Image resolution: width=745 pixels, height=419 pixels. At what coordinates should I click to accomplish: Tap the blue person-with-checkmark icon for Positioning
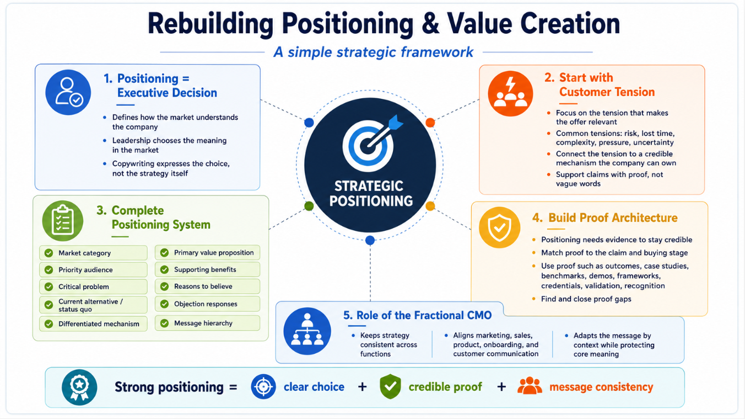pyautogui.click(x=68, y=92)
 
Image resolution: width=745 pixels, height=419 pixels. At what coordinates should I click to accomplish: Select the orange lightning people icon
pyautogui.click(x=510, y=94)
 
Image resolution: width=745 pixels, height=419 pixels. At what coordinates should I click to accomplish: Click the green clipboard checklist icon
pyautogui.click(x=62, y=221)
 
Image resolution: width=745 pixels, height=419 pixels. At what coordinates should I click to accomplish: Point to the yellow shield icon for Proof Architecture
pyautogui.click(x=500, y=227)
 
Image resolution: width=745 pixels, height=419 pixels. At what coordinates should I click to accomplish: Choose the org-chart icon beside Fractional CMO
pyautogui.click(x=307, y=331)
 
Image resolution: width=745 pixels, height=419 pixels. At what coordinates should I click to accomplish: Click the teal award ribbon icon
pyautogui.click(x=79, y=387)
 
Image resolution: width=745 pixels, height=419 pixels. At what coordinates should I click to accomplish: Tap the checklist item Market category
pyautogui.click(x=93, y=253)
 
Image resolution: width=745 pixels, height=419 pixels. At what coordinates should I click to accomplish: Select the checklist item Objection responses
pyautogui.click(x=207, y=304)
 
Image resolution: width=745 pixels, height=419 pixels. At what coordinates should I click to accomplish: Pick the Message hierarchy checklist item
pyautogui.click(x=207, y=323)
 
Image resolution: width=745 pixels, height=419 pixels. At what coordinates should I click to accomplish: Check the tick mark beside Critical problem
pyautogui.click(x=49, y=287)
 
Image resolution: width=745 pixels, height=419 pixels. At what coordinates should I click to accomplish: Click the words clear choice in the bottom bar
pyautogui.click(x=314, y=387)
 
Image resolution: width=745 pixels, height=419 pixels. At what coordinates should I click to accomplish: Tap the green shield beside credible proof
pyautogui.click(x=390, y=386)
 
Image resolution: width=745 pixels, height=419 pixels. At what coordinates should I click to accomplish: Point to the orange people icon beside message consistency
pyautogui.click(x=530, y=386)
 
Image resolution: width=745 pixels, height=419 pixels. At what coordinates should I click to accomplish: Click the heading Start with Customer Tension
pyautogui.click(x=600, y=84)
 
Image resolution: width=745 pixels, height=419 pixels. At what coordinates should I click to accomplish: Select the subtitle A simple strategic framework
pyautogui.click(x=373, y=52)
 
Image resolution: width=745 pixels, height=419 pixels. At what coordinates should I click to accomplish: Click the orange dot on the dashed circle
pyautogui.click(x=430, y=123)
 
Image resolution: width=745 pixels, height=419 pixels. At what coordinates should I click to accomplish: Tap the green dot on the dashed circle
pyautogui.click(x=309, y=206)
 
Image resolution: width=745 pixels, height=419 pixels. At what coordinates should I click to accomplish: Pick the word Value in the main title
pyautogui.click(x=479, y=23)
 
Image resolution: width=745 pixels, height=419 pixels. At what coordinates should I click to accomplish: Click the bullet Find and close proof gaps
pyautogui.click(x=586, y=299)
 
